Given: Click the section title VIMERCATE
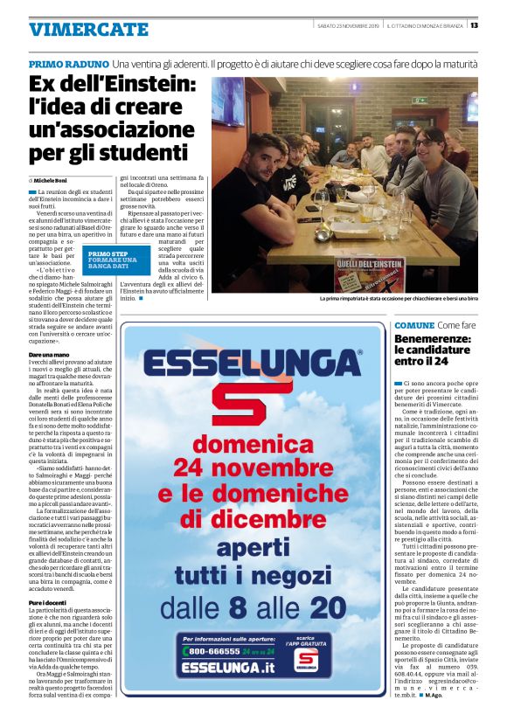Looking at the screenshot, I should pos(88,29).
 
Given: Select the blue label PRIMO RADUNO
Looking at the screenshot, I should pos(69,65).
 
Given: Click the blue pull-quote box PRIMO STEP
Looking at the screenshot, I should pos(111,258).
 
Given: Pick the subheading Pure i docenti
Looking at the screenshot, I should pos(48,602).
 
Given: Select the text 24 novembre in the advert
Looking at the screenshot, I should pos(253,464).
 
